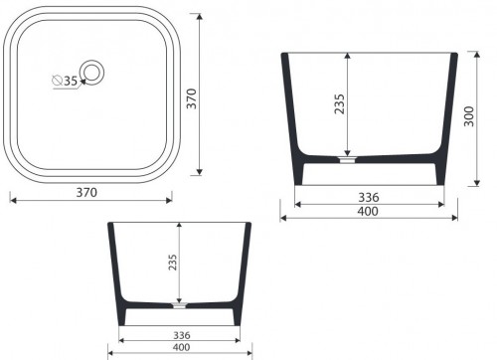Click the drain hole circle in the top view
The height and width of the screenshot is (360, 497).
click(x=92, y=71)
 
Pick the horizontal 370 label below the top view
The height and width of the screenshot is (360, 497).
click(x=86, y=192)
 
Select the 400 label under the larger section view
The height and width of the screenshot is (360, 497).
click(x=369, y=212)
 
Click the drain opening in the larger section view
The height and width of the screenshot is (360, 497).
click(x=347, y=156)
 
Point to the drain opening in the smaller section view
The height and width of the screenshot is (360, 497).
click(x=180, y=301)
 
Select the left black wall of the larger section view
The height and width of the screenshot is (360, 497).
click(x=294, y=119)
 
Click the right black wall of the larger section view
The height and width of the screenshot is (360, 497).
click(x=446, y=119)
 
